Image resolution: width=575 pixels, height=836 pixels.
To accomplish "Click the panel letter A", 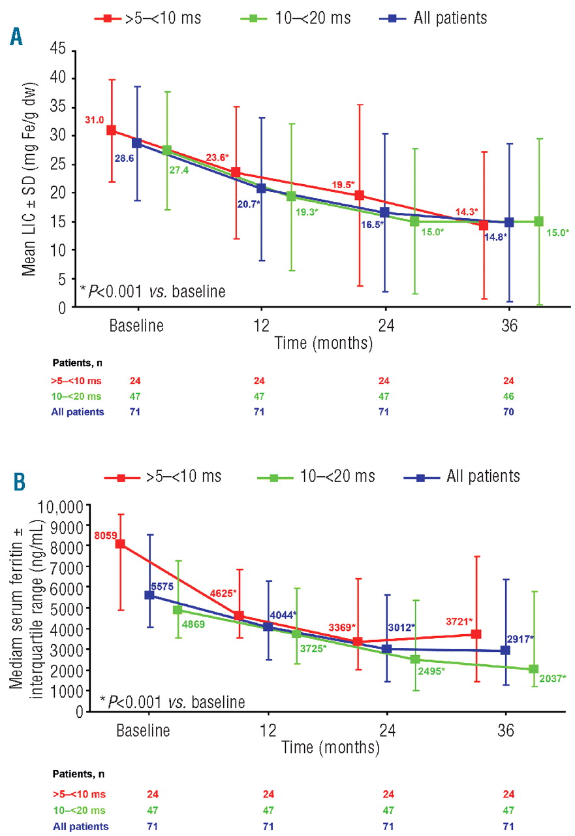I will tap(15, 37).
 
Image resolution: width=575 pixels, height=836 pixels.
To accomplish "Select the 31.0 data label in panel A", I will tap(95, 120).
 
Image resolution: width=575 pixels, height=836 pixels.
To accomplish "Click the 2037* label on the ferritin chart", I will tap(552, 679).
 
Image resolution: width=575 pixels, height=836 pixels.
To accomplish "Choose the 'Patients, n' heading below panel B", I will tap(78, 774).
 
